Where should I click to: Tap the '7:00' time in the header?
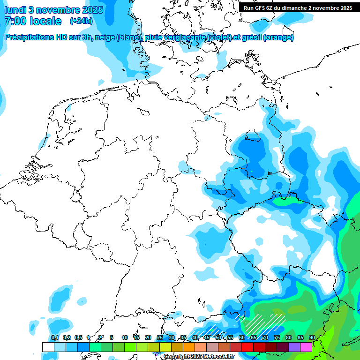click(15, 21)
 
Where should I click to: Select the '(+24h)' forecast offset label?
click(81, 21)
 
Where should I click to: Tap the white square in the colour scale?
click(48, 347)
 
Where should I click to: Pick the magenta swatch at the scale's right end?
click(306, 347)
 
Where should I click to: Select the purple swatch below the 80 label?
click(294, 347)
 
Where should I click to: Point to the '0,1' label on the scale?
click(54, 338)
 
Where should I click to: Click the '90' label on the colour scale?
click(312, 338)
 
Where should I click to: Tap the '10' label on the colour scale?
click(124, 338)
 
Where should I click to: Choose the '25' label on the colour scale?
click(159, 338)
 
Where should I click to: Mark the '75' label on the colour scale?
click(277, 338)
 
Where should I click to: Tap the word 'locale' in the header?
click(46, 21)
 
